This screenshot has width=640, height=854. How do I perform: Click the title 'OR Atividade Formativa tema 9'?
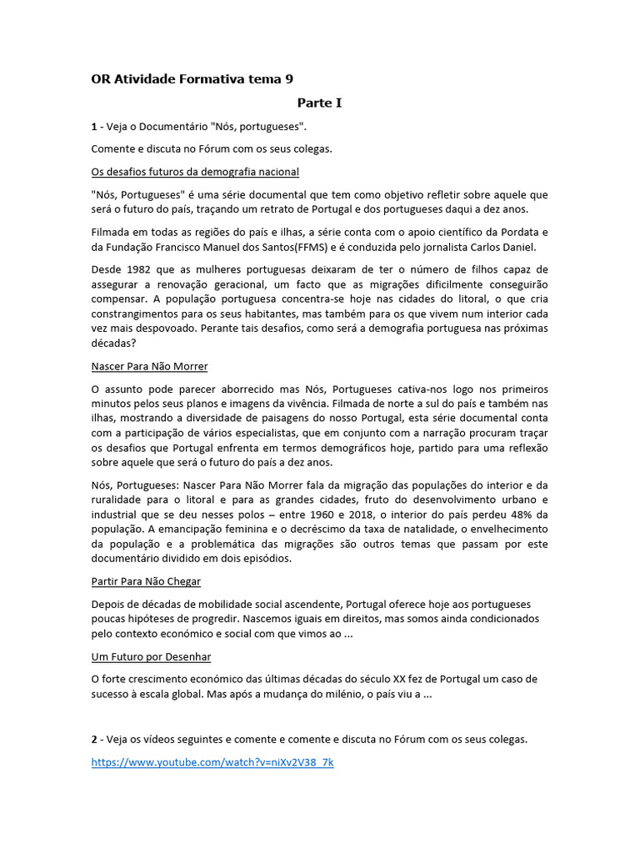(x=192, y=79)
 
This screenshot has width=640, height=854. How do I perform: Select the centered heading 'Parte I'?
(x=320, y=103)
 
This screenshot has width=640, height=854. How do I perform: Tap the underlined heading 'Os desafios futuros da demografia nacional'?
(x=195, y=171)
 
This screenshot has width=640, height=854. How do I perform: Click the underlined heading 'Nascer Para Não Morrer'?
(x=149, y=366)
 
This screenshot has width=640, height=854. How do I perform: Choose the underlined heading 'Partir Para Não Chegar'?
(x=146, y=580)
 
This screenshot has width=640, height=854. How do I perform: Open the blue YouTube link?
(x=212, y=762)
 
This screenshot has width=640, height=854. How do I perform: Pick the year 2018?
(x=372, y=515)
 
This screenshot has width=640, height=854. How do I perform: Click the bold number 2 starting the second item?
(x=94, y=740)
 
